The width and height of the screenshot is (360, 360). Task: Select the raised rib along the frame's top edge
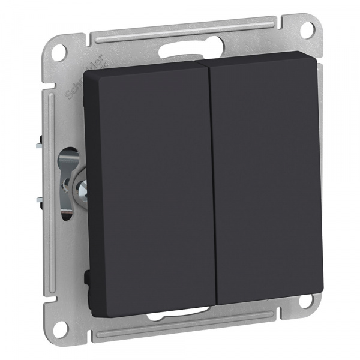[x=180, y=32]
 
